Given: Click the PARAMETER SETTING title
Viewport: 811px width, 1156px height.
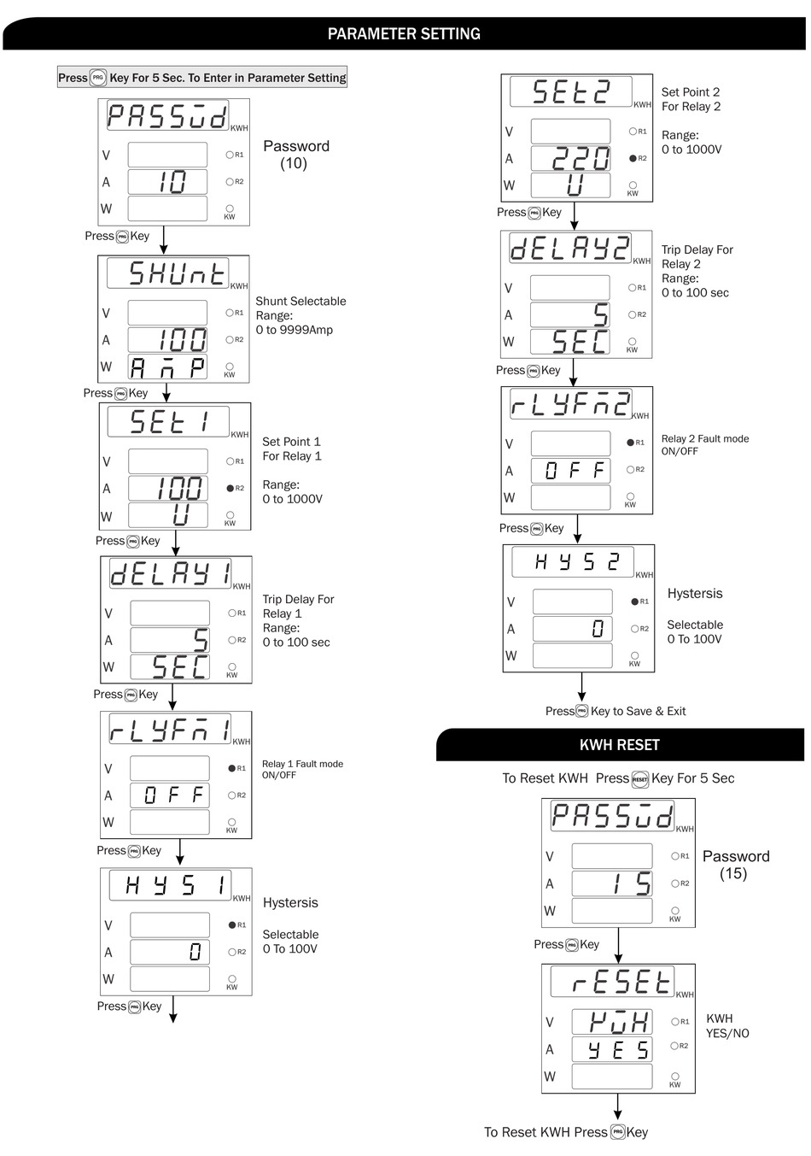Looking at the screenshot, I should (404, 34).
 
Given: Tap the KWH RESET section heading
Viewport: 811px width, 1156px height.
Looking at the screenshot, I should (619, 745).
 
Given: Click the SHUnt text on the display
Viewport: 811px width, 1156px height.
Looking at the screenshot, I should (177, 273).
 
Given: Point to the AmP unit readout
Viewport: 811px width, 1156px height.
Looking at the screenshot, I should (168, 367).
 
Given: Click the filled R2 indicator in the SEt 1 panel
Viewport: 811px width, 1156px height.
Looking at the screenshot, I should (230, 489).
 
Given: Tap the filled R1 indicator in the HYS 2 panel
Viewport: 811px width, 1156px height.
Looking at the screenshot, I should (635, 601).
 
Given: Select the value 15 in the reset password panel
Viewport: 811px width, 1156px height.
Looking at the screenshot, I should (632, 883).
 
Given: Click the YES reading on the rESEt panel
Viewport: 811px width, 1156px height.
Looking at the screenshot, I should (618, 1049).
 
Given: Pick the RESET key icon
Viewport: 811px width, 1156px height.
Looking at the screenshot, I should (640, 779).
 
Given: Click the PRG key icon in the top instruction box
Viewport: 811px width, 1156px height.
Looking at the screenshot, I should (97, 78).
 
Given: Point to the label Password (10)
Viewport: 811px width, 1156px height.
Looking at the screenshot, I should (295, 155).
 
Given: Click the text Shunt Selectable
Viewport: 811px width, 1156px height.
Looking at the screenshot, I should (300, 302).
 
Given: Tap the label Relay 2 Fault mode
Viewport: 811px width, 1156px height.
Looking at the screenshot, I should (704, 439).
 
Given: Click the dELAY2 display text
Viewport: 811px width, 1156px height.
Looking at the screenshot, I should (569, 248).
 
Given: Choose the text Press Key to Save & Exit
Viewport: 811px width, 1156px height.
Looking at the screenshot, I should (616, 711).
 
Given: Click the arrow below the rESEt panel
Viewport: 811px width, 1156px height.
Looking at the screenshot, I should (618, 1107).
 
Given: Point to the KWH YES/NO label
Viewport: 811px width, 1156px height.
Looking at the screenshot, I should (726, 1026).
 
